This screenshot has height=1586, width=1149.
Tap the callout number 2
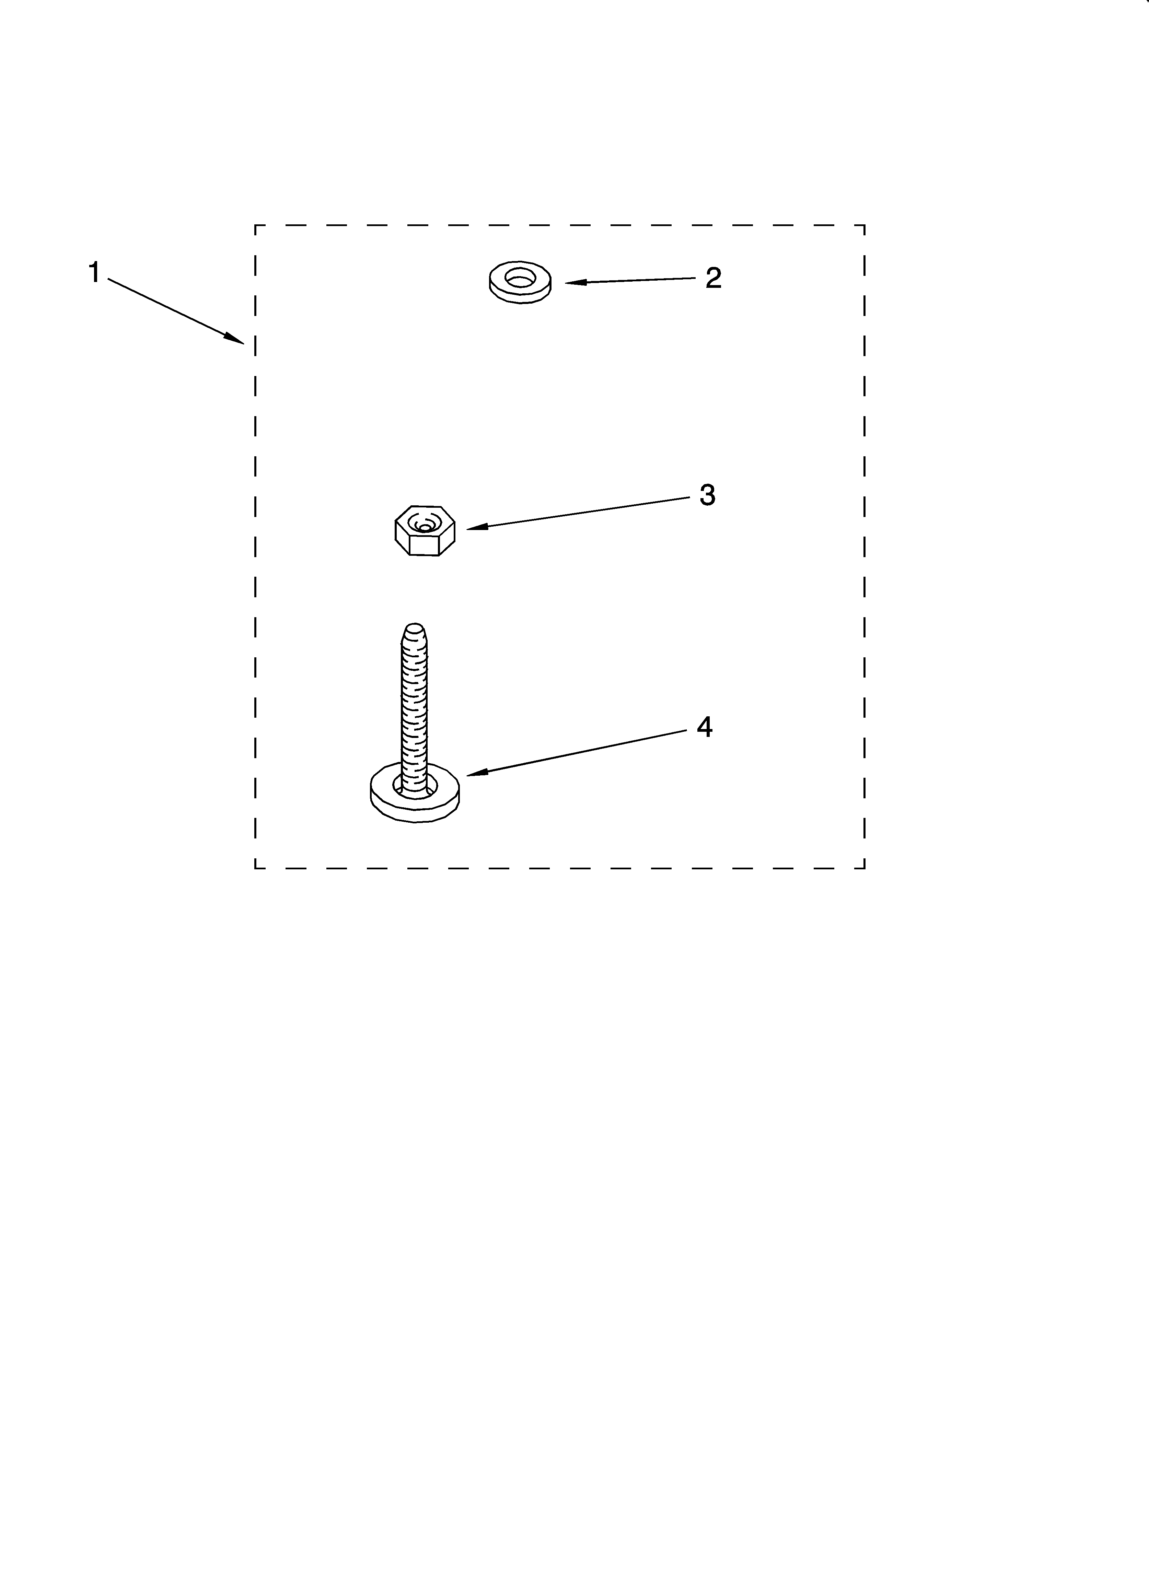click(713, 278)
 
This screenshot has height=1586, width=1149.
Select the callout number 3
click(707, 495)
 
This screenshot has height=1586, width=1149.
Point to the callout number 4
click(705, 727)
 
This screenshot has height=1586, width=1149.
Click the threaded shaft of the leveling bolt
click(414, 706)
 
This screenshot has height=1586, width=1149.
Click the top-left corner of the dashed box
click(255, 225)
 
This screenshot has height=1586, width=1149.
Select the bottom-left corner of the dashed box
click(255, 869)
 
